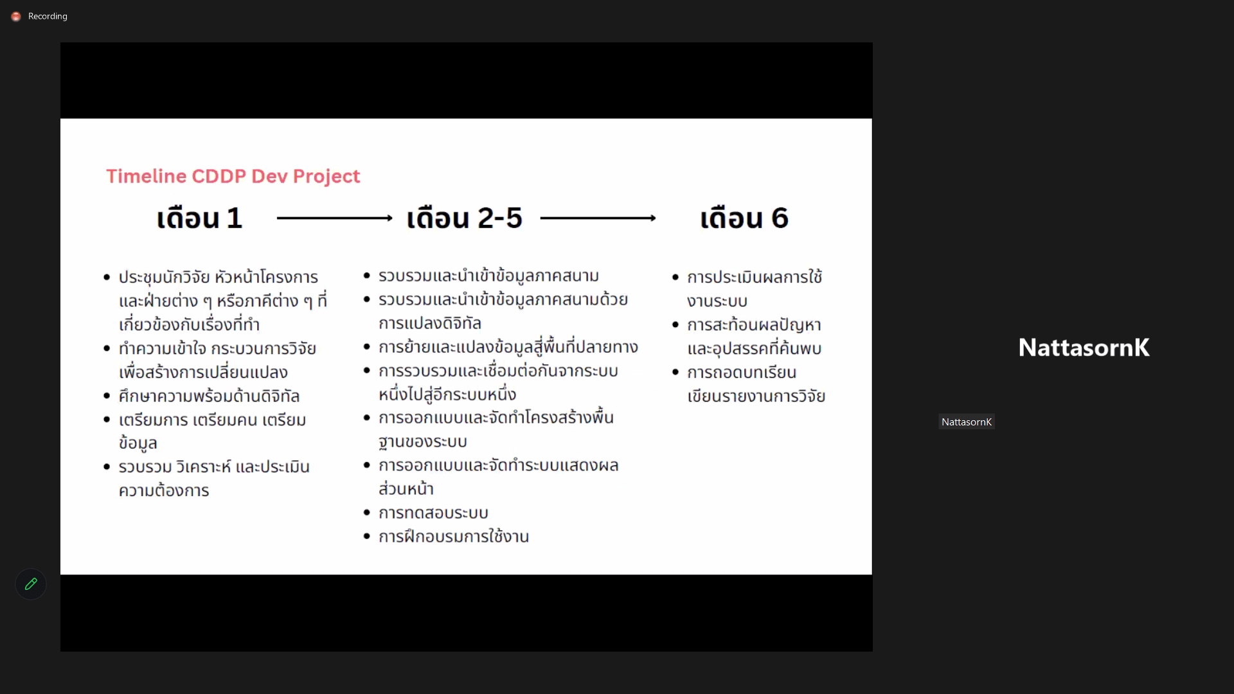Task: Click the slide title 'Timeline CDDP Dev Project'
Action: tap(233, 176)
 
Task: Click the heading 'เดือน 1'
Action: tap(199, 218)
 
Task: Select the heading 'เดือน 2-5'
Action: tap(464, 218)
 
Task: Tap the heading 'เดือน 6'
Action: tap(744, 218)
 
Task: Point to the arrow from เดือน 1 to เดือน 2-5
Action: tap(334, 218)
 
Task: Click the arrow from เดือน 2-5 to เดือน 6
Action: tap(598, 218)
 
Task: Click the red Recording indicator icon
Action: tap(16, 17)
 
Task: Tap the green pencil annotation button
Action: tap(31, 584)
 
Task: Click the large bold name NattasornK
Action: tap(1084, 348)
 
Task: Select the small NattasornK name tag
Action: tap(967, 422)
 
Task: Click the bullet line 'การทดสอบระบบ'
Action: tap(433, 513)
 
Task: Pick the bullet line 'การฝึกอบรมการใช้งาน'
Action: tap(454, 537)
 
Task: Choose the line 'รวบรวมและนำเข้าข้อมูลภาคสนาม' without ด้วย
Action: tap(488, 276)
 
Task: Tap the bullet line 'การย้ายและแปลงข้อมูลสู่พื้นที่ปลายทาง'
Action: tap(508, 347)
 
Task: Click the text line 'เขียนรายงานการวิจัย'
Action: tap(756, 396)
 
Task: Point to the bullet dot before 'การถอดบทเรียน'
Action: tap(675, 372)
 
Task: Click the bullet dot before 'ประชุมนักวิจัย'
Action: tap(107, 278)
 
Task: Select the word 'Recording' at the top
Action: tap(48, 17)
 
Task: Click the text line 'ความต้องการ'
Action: tap(164, 491)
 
